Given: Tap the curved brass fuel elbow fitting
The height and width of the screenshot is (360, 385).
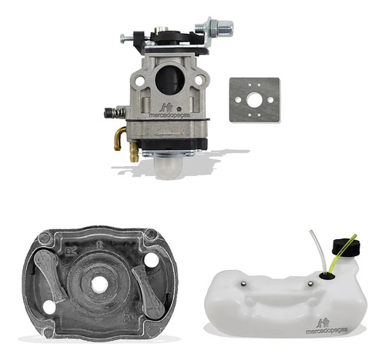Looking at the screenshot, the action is pos(119,138).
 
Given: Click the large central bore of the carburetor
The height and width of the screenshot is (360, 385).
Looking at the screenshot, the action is pos(170,79).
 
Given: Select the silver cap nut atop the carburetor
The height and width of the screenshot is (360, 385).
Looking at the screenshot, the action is pos(225,28).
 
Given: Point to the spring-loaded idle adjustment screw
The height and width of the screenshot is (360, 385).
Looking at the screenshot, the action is pos(115,112).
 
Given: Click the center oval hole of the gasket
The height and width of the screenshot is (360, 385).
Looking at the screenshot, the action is pos(254,99).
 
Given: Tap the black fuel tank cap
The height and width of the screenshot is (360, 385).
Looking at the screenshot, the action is pos(346,247).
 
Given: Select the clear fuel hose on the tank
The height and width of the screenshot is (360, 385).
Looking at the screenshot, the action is pos(319,252).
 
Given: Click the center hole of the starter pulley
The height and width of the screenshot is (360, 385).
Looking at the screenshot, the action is pos(99,284).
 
